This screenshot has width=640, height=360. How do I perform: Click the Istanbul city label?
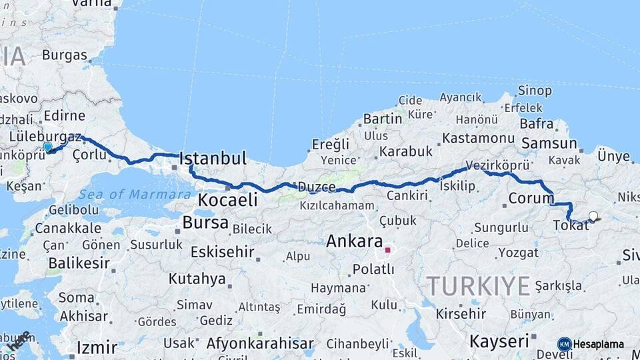tap(213, 159)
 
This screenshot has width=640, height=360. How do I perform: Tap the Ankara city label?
tap(354, 241)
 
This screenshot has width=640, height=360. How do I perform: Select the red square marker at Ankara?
tap(387, 250)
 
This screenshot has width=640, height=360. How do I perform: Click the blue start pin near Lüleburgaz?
tap(47, 147)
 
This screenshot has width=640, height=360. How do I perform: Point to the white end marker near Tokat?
tap(593, 216)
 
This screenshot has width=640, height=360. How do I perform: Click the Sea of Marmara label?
tap(135, 195)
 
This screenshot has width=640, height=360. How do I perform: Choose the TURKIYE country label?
tap(479, 286)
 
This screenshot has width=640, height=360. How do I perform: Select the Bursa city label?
tap(205, 223)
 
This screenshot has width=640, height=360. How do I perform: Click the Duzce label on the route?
tap(317, 187)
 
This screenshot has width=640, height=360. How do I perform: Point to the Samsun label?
tap(549, 143)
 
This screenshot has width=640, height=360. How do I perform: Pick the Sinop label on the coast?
tap(535, 91)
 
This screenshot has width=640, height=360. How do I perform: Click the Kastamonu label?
tap(478, 138)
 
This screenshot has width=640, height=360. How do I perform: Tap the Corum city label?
tap(531, 198)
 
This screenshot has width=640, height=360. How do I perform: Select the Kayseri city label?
tap(500, 341)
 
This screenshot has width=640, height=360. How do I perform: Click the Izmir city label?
tap(97, 347)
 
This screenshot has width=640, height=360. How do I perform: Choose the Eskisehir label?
tap(222, 252)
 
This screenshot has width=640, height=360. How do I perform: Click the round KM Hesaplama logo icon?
tap(565, 344)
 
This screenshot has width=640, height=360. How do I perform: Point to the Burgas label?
tap(65, 55)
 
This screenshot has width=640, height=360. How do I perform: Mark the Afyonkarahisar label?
tap(260, 344)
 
